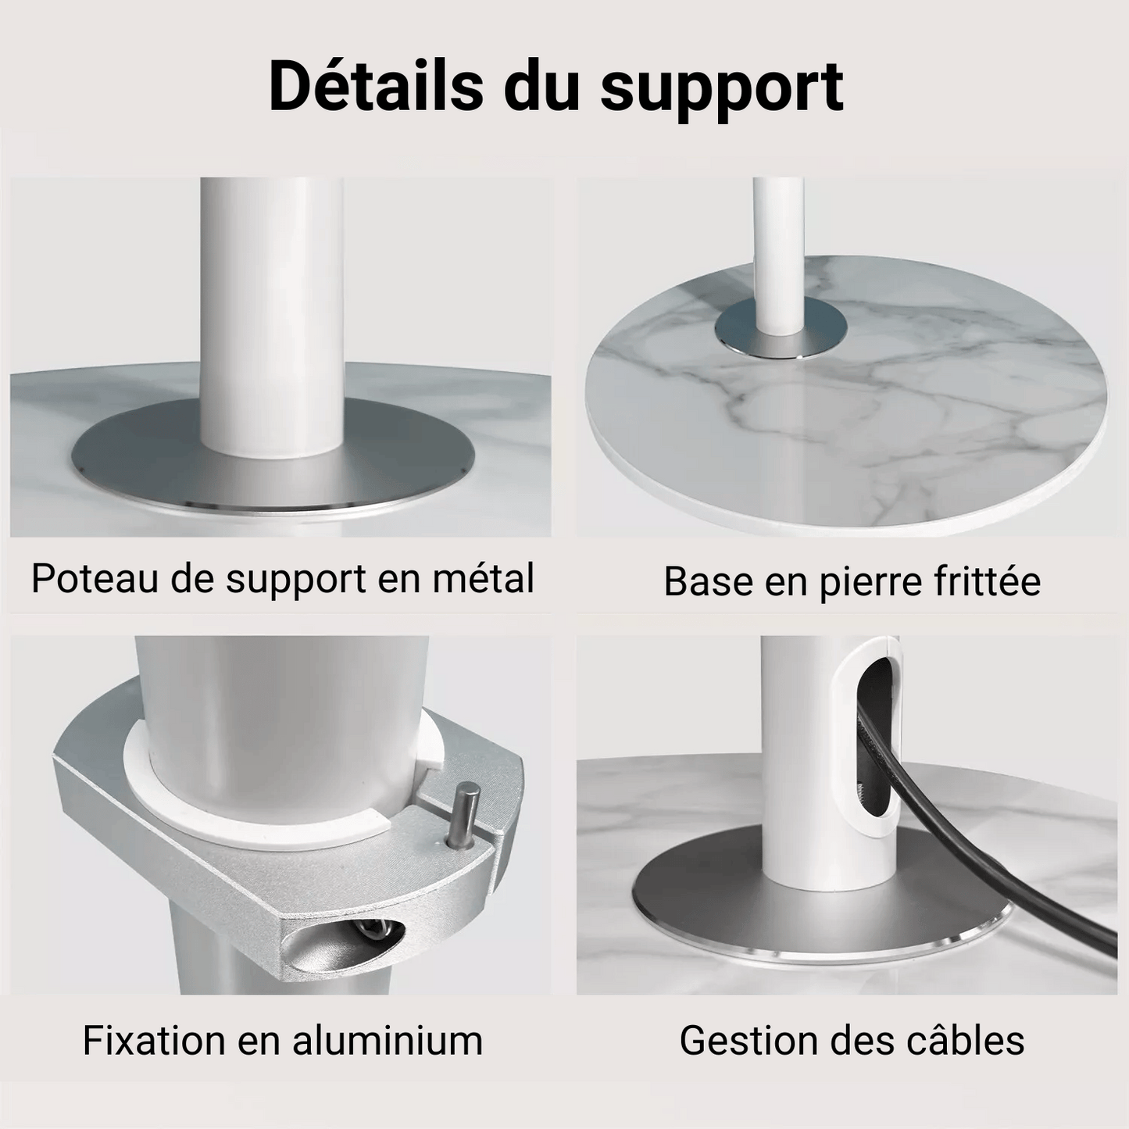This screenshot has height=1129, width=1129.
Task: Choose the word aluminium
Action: [x=388, y=1041]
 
